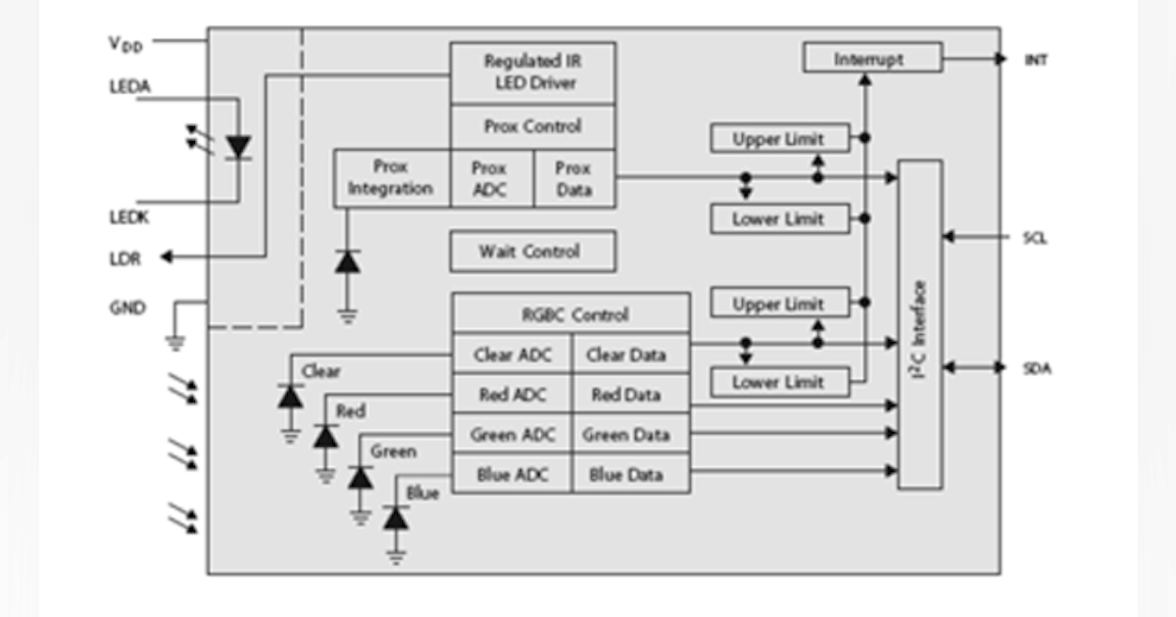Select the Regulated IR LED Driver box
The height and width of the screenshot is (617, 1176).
[x=532, y=72]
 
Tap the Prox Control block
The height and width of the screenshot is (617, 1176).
[x=532, y=126]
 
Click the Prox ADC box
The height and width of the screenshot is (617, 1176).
[x=490, y=178]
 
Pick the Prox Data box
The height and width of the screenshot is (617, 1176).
[x=573, y=178]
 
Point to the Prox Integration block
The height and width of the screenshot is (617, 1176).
[x=391, y=178]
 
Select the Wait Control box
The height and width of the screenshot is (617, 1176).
[x=532, y=252]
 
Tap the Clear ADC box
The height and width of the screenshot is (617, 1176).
[x=512, y=356]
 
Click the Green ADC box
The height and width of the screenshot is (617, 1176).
[x=512, y=435]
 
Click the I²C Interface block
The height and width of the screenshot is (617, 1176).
[x=919, y=325]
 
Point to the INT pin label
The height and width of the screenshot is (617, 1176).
[x=1035, y=60]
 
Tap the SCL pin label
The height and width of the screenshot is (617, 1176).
[x=1035, y=238]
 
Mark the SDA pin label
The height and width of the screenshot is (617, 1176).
[x=1035, y=368]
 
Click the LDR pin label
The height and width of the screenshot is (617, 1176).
[x=124, y=258]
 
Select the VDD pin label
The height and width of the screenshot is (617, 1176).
[x=124, y=44]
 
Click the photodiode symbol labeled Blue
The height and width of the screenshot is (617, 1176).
[x=396, y=518]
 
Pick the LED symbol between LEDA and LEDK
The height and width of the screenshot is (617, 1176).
[x=238, y=147]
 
